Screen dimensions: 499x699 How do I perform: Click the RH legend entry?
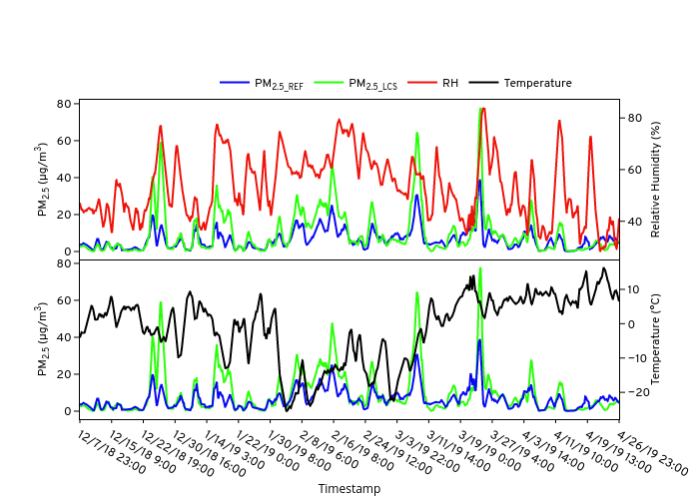(450, 83)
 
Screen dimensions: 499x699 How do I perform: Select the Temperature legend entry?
(537, 83)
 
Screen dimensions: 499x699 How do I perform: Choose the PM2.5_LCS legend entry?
(372, 84)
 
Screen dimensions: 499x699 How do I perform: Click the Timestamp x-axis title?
(349, 489)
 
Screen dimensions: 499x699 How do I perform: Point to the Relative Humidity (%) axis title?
(656, 180)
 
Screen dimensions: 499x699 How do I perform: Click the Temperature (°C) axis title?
(656, 339)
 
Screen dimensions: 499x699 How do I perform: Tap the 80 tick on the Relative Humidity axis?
(633, 118)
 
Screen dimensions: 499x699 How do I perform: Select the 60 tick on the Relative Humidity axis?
(633, 170)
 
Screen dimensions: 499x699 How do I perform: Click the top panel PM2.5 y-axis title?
(42, 180)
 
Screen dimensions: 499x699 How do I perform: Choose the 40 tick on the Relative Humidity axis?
(633, 222)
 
